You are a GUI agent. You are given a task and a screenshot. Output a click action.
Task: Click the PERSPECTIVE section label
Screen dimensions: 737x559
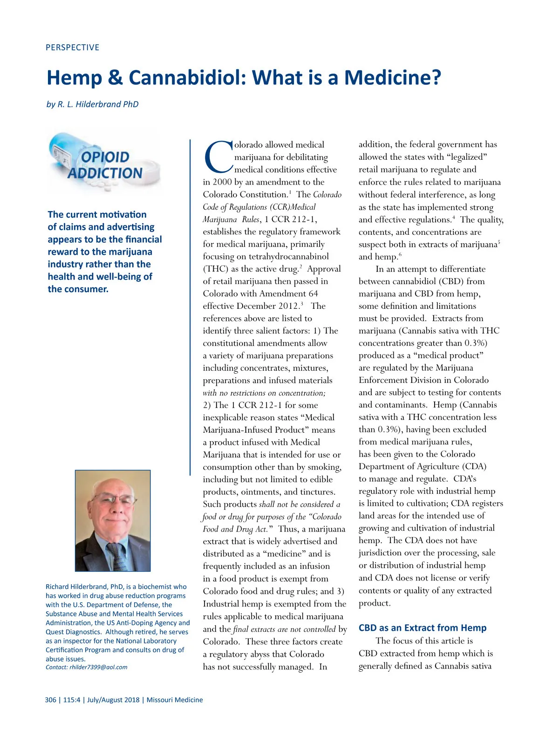point(72,48)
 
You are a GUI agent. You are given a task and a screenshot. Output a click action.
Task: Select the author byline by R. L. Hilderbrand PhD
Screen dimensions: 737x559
point(92,104)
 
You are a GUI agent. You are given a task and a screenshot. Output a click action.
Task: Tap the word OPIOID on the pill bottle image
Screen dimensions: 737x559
point(105,157)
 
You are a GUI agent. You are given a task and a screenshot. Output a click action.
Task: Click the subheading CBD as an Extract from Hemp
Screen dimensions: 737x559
point(423,628)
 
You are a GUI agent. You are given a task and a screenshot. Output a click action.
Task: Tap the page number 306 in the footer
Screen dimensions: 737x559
point(50,700)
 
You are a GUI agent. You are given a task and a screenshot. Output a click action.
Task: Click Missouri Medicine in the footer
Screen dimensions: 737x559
point(175,700)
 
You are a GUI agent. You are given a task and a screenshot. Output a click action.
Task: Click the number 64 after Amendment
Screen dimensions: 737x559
point(313,293)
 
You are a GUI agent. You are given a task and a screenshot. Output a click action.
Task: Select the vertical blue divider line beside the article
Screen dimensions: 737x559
point(190,307)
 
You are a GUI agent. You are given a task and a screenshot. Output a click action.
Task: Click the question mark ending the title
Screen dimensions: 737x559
point(436,78)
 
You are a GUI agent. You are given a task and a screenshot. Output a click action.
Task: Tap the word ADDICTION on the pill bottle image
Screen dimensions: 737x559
point(105,173)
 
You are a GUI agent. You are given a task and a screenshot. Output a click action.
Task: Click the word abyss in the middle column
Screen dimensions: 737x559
point(276,654)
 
